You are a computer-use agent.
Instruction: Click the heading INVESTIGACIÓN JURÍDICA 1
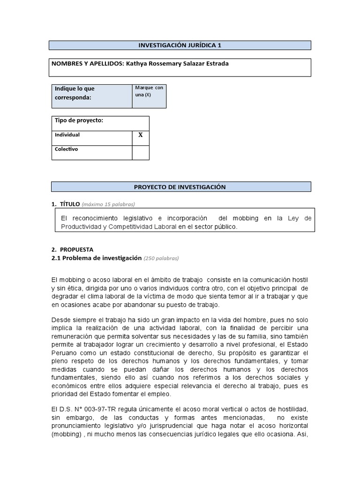[180, 45]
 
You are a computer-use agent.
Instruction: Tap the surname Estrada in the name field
[217, 64]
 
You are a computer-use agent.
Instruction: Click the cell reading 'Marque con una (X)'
[149, 91]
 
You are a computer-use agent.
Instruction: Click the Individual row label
[67, 135]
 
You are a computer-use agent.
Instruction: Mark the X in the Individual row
[140, 135]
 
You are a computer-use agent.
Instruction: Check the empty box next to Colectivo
[140, 152]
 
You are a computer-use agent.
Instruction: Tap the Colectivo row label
[67, 150]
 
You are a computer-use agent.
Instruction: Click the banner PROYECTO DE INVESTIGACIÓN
[180, 187]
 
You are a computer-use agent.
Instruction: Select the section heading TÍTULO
[69, 204]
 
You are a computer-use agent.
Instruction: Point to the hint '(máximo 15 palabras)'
[108, 204]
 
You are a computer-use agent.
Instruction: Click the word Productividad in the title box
[82, 226]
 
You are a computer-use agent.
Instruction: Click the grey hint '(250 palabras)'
[161, 258]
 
